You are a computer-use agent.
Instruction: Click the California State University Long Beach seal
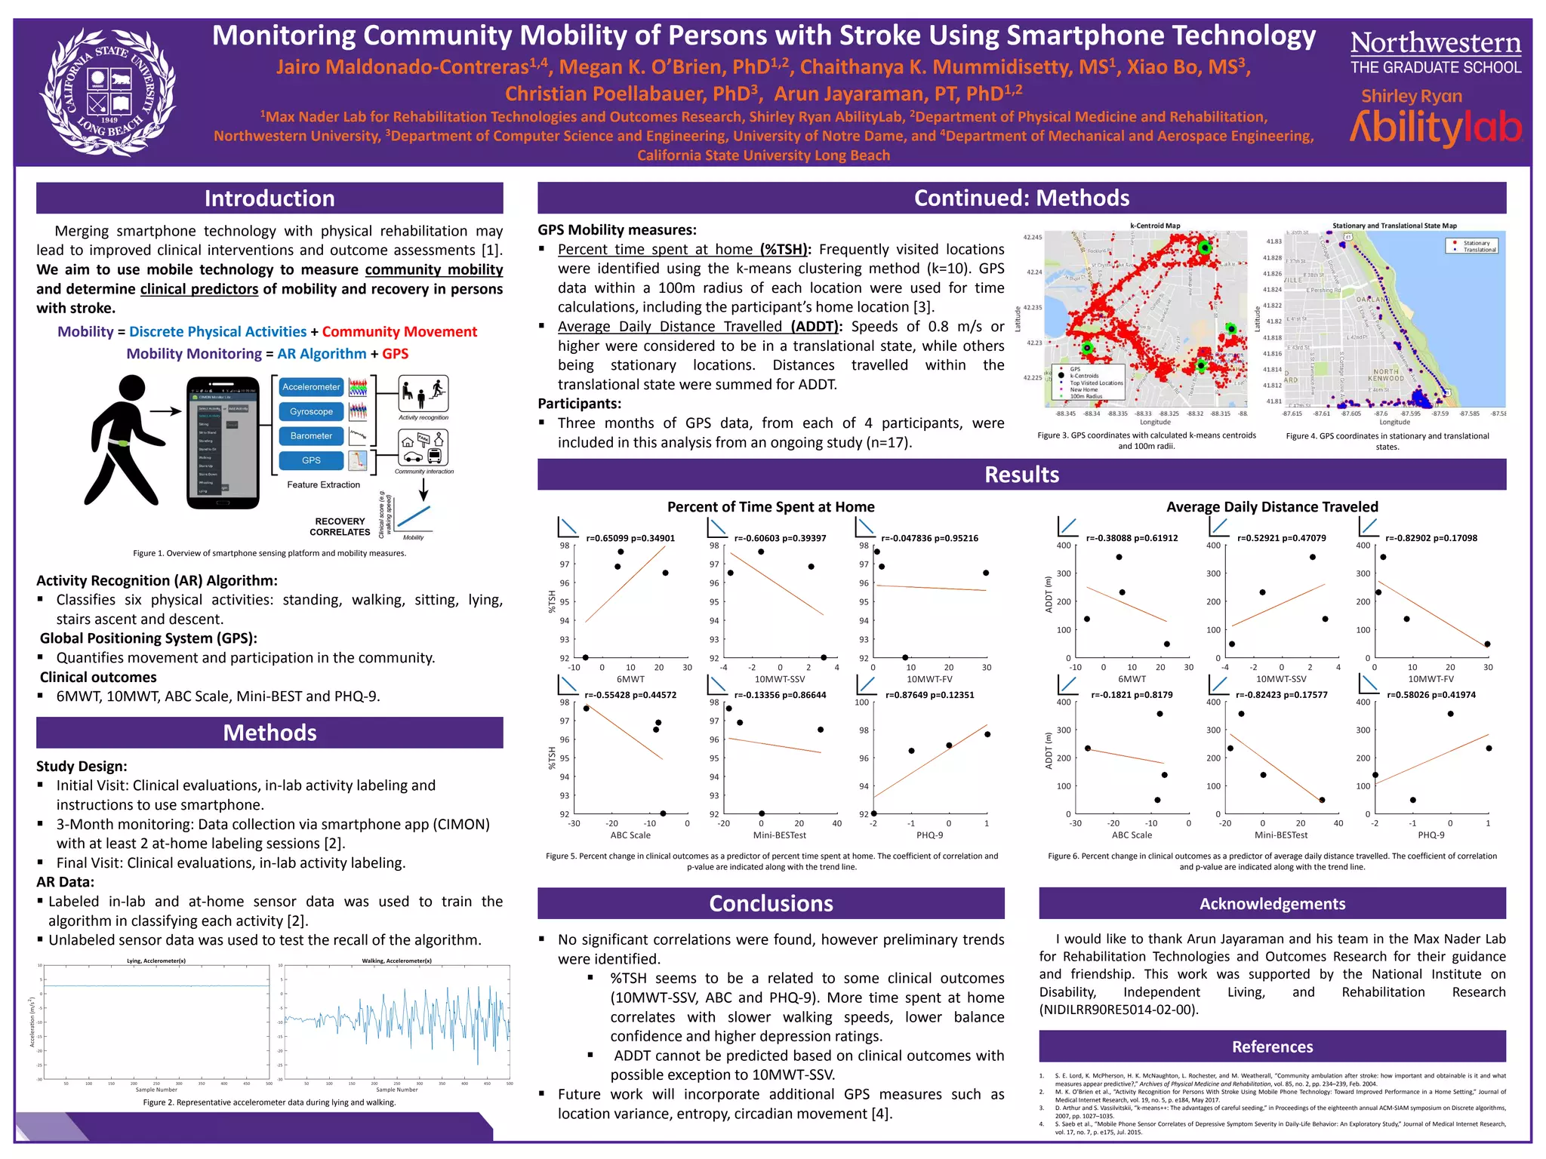[x=108, y=91]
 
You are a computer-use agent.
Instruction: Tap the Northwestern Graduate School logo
[x=1435, y=51]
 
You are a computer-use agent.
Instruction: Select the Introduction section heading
[x=269, y=198]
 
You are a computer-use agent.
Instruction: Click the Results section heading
[x=1021, y=475]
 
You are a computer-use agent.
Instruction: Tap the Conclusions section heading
[x=771, y=903]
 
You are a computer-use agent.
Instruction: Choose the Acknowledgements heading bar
[x=1272, y=903]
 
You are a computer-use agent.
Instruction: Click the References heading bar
[x=1272, y=1047]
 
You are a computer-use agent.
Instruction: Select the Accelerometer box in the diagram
[x=311, y=387]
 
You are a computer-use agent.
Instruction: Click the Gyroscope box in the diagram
[x=311, y=411]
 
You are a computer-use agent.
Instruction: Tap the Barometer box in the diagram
[x=311, y=435]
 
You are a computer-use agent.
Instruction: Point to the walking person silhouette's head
[x=132, y=389]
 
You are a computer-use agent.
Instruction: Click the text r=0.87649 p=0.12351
[x=929, y=695]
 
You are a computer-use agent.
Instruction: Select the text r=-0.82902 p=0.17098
[x=1431, y=538]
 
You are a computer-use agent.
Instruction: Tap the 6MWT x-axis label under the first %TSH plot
[x=630, y=679]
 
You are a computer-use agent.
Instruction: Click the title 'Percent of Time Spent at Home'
[x=771, y=507]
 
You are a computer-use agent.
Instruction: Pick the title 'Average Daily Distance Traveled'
[x=1272, y=507]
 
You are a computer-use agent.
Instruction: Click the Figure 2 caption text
[x=269, y=1102]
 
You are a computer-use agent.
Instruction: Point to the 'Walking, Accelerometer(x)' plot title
[x=396, y=961]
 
